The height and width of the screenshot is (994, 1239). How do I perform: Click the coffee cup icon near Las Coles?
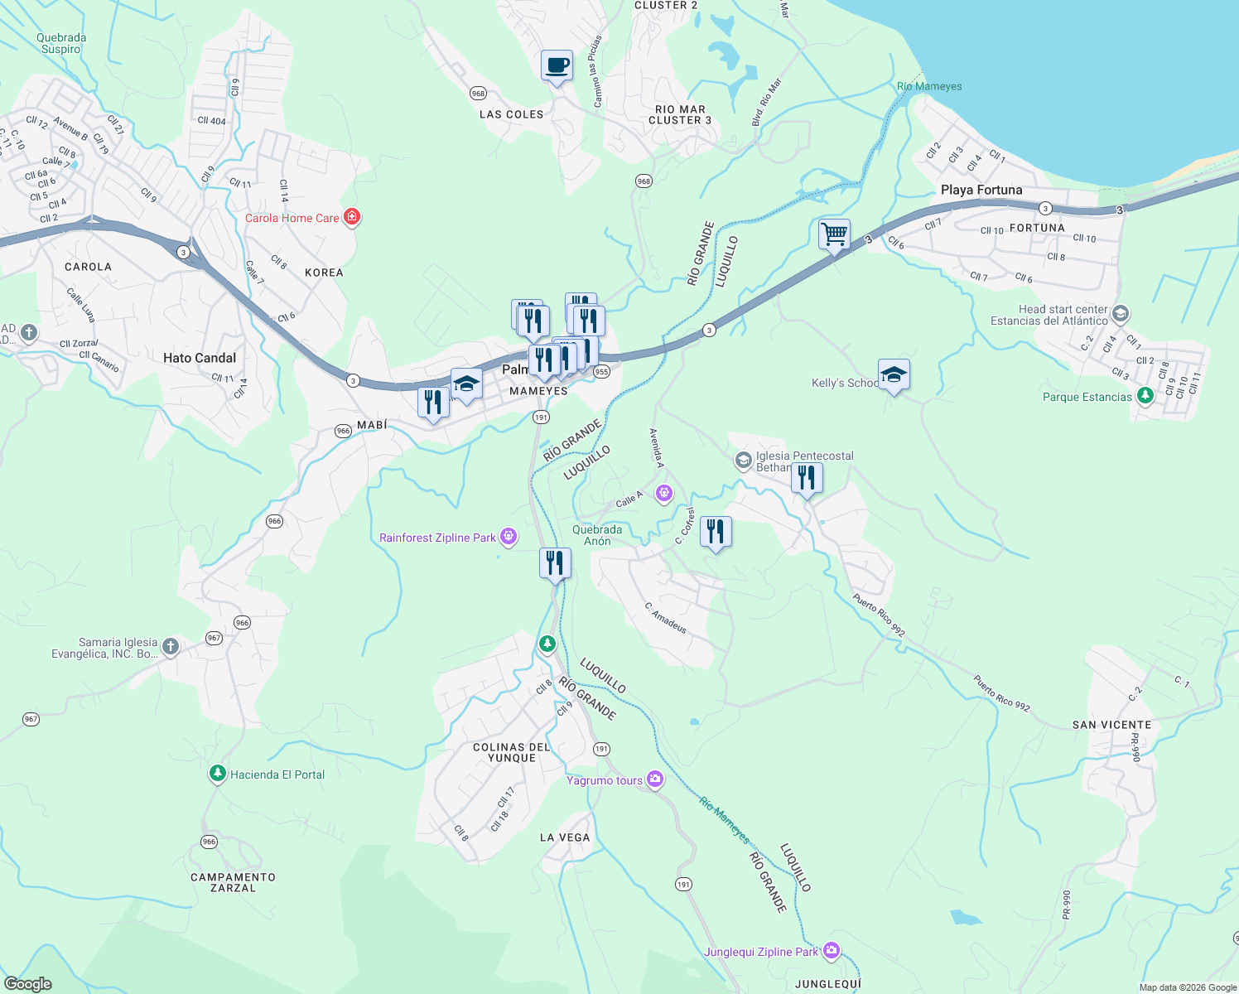click(x=557, y=65)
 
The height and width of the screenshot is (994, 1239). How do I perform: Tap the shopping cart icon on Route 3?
click(x=834, y=234)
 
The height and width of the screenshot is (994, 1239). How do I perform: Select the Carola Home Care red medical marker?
click(x=352, y=217)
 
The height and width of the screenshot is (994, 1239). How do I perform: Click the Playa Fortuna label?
click(x=981, y=190)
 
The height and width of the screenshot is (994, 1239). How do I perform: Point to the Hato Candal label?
click(x=200, y=358)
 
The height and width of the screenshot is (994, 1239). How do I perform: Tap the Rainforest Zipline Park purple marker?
click(x=509, y=537)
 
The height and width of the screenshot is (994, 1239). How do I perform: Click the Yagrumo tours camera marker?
click(x=655, y=779)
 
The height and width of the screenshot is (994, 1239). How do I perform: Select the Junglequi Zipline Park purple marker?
click(x=832, y=951)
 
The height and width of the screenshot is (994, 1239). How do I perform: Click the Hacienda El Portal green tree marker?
click(x=217, y=774)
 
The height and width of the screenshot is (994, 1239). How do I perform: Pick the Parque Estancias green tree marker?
click(x=1145, y=395)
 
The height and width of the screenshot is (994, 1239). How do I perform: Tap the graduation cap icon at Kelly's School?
click(x=894, y=374)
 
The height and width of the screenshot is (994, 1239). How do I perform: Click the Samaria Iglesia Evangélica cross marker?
click(x=170, y=646)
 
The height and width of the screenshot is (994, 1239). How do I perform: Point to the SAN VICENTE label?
click(x=1111, y=725)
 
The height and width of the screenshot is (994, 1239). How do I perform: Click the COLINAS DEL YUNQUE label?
click(x=512, y=752)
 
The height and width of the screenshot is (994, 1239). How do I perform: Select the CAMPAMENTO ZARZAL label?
click(x=233, y=882)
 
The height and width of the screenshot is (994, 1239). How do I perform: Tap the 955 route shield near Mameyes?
click(x=601, y=371)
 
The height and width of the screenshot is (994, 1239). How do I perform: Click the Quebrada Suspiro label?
click(x=61, y=43)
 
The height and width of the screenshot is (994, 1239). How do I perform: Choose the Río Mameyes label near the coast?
click(x=929, y=86)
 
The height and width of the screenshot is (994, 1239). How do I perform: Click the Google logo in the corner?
click(x=27, y=983)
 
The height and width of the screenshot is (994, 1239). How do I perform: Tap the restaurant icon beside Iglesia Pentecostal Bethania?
click(x=807, y=478)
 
